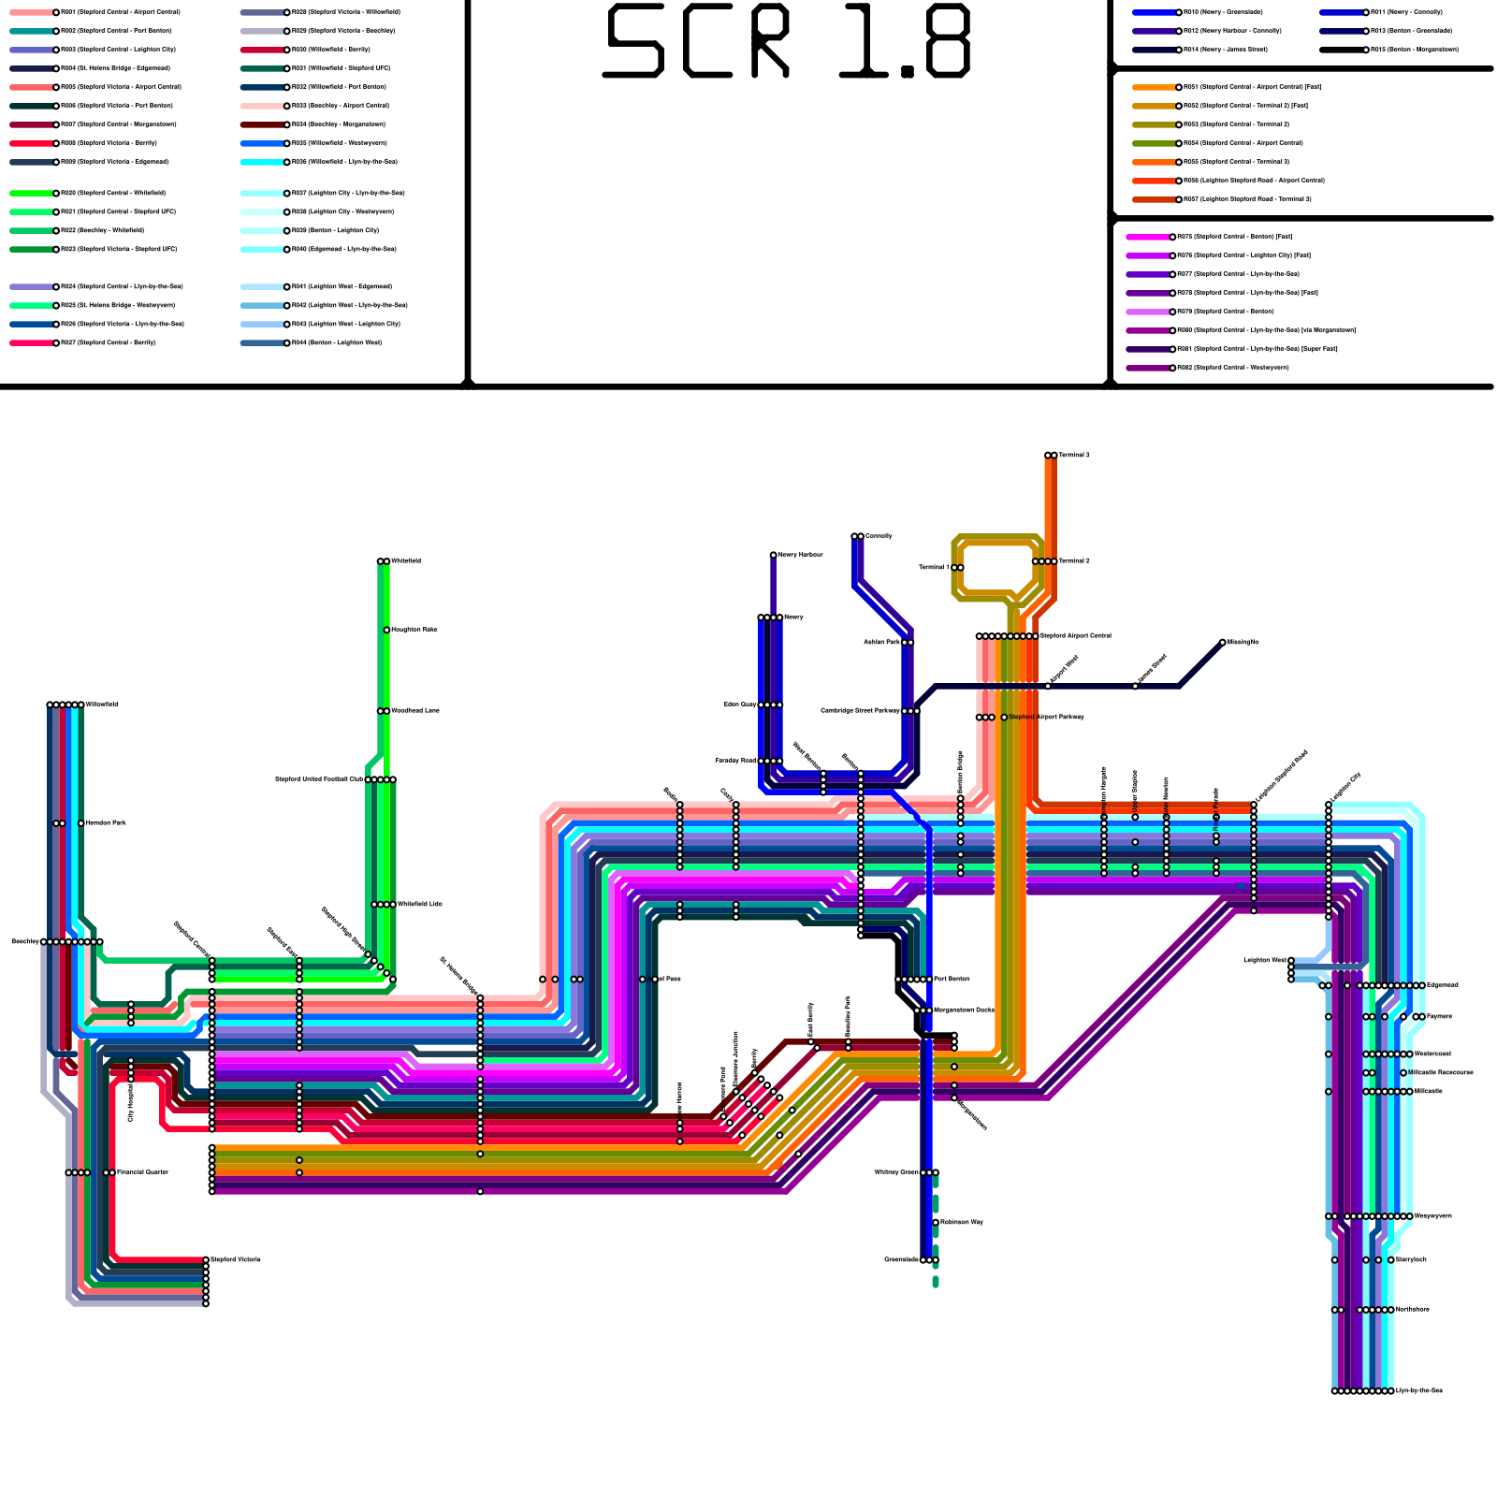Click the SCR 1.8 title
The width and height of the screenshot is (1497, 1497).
[788, 42]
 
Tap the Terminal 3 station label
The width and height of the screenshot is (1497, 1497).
[1073, 456]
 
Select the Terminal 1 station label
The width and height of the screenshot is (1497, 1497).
[933, 567]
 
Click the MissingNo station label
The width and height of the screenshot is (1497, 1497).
[1243, 642]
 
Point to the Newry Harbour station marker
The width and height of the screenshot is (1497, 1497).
[773, 556]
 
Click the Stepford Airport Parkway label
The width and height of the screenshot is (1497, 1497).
[1046, 718]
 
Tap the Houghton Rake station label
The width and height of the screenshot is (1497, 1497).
[414, 630]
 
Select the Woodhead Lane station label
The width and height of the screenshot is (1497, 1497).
[414, 711]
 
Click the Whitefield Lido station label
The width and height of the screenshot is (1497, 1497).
[419, 905]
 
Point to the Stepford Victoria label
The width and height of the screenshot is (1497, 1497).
[235, 1260]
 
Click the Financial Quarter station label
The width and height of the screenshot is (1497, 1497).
[142, 1172]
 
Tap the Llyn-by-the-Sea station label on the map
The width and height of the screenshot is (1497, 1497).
[1418, 1391]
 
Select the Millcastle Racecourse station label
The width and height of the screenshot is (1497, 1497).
[1441, 1073]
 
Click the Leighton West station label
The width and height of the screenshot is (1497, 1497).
[1264, 960]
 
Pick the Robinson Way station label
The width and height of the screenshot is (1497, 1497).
[961, 1223]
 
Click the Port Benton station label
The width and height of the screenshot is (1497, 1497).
[952, 980]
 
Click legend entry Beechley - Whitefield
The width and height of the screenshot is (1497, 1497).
[102, 230]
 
